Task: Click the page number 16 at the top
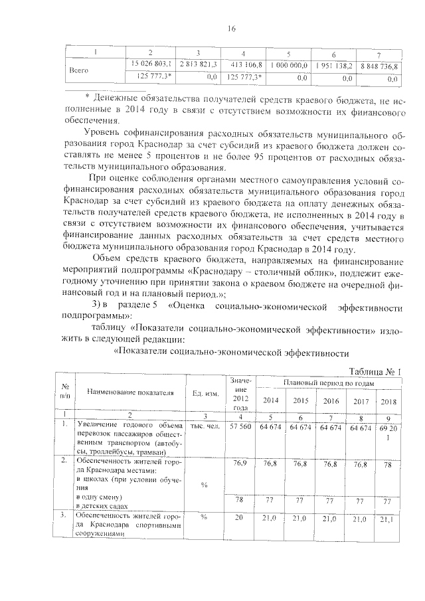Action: coord(232,28)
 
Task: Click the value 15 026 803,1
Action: coord(152,63)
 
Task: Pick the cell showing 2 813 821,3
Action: coord(199,63)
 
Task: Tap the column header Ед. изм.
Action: coord(205,392)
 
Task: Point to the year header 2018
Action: coord(388,401)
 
